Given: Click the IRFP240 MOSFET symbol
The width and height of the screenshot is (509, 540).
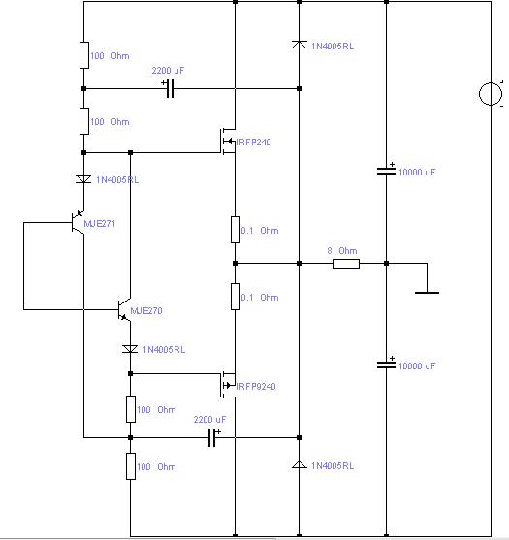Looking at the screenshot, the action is click(x=228, y=142).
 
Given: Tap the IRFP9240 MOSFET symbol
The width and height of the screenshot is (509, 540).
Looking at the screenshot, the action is click(x=228, y=385).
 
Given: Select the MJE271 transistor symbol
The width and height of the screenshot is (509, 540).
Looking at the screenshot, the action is click(x=78, y=222).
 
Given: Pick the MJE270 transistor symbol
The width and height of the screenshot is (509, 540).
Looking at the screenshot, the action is click(x=124, y=309).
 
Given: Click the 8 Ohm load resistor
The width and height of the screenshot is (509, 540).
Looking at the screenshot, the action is click(x=346, y=264).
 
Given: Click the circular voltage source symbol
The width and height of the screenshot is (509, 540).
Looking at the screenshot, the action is click(x=491, y=94).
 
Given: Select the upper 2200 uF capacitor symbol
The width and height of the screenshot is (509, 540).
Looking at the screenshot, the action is click(x=170, y=88).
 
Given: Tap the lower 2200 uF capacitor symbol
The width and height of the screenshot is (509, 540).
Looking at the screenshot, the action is click(x=213, y=437).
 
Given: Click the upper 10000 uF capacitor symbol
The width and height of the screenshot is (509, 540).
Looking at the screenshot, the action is click(x=387, y=171).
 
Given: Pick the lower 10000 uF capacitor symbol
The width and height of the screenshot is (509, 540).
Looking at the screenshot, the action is click(x=387, y=365).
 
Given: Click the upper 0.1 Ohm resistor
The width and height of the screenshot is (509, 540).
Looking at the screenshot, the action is click(x=236, y=230).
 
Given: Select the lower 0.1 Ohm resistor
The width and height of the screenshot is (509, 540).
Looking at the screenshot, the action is click(x=236, y=297).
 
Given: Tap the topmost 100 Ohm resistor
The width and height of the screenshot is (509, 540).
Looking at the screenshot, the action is click(x=84, y=55).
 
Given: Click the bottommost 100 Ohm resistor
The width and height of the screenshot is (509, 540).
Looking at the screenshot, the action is click(x=131, y=466).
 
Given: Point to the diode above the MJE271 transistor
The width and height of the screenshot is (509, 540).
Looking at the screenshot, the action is click(x=83, y=179).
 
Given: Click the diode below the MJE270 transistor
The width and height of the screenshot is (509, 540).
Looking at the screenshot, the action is click(x=130, y=349).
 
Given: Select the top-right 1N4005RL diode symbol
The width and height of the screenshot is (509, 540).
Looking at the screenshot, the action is click(x=300, y=45).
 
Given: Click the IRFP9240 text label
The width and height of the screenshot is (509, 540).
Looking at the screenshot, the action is click(x=256, y=387).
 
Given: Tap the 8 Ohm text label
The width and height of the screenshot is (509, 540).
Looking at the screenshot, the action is click(x=342, y=251).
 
